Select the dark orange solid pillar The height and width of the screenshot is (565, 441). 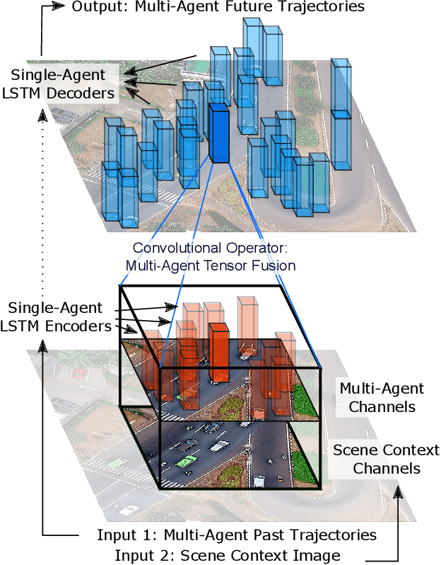(x=219, y=354)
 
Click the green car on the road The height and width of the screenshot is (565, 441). (x=186, y=461)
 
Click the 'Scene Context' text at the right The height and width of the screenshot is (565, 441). (x=386, y=450)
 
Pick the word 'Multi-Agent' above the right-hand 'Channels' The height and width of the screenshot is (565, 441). (x=382, y=389)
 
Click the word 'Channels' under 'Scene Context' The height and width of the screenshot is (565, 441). (x=386, y=468)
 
